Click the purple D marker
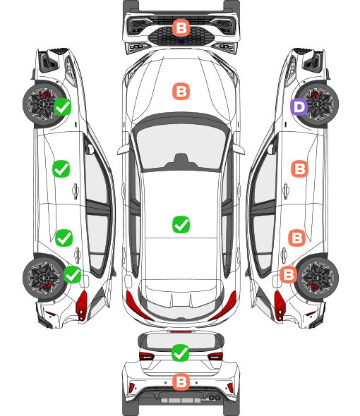tap(299, 107)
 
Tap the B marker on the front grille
tap(181, 27)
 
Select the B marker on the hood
tap(181, 91)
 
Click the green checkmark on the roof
tap(181, 224)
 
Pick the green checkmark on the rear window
tap(181, 353)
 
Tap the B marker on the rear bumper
tap(181, 382)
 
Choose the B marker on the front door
tap(300, 169)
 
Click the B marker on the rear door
tap(296, 238)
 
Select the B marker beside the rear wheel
tap(289, 274)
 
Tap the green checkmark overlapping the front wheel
tap(62, 106)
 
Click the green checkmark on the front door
tap(61, 169)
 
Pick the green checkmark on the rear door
tap(64, 238)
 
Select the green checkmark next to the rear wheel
tap(73, 274)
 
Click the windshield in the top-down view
tap(181, 146)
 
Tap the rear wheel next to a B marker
tap(318, 278)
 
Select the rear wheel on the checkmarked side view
tap(43, 278)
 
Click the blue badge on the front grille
tap(181, 41)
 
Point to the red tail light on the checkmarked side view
tap(82, 305)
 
